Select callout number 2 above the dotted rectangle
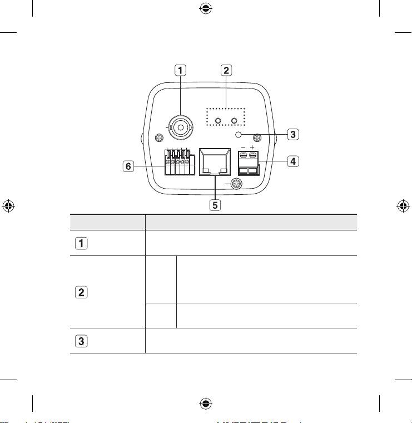pyautogui.click(x=226, y=71)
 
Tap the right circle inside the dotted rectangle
pyautogui.click(x=235, y=121)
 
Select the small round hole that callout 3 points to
pyautogui.click(x=239, y=135)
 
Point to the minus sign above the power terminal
pyautogui.click(x=242, y=149)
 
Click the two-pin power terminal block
pyautogui.click(x=247, y=164)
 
